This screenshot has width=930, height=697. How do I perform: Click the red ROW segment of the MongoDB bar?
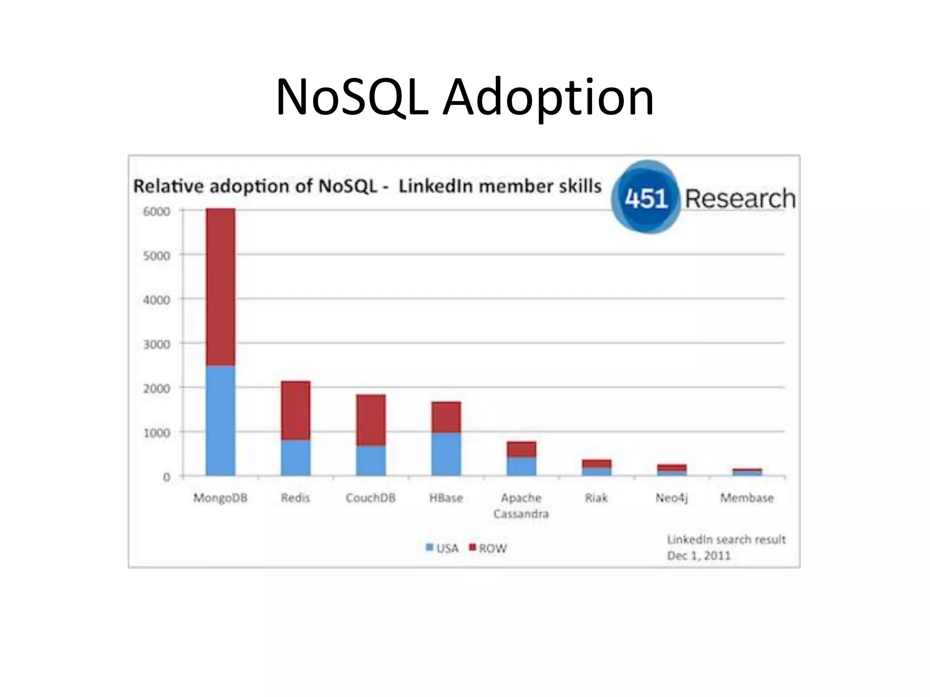[x=220, y=287]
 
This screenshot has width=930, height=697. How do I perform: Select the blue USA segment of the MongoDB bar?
[x=220, y=421]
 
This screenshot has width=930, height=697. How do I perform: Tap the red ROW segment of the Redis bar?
[x=296, y=410]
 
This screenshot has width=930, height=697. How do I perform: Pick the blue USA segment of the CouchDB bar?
[x=371, y=460]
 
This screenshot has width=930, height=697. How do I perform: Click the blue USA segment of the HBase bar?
[x=446, y=454]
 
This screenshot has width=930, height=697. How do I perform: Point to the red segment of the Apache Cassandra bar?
[x=521, y=449]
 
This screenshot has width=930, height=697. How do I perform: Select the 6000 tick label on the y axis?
[x=157, y=211]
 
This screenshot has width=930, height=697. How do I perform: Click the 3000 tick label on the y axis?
[x=157, y=344]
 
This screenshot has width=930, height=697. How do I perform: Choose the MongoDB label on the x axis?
[x=220, y=498]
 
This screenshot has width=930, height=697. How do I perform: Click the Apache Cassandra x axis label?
[x=521, y=506]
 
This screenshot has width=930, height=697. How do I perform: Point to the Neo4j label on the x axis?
[x=672, y=498]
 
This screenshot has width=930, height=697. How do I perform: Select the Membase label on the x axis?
[x=747, y=498]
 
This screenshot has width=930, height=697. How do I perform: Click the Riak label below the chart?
[x=596, y=498]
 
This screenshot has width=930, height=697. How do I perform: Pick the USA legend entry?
[x=442, y=548]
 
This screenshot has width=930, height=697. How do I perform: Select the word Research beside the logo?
[x=740, y=199]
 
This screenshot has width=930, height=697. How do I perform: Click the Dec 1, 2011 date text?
[x=699, y=555]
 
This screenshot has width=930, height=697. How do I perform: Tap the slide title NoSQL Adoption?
[x=465, y=97]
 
